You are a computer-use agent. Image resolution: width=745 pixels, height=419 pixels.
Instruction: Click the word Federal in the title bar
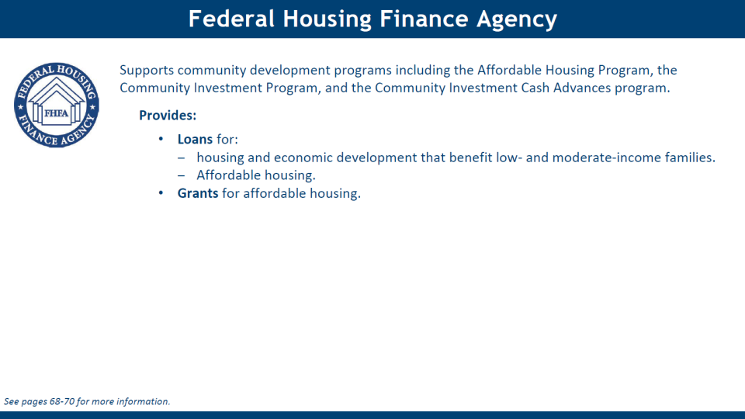click(231, 19)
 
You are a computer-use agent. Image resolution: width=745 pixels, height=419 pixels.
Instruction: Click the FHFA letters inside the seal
click(56, 113)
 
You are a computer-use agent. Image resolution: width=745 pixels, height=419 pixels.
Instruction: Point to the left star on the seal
click(20, 107)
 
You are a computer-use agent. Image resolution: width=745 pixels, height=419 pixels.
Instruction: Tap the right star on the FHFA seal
click(92, 107)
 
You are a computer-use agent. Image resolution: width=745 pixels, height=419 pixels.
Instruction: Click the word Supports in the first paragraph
click(147, 71)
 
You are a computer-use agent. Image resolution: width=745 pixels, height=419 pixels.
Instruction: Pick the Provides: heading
click(168, 116)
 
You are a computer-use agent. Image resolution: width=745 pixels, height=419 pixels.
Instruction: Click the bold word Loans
click(195, 139)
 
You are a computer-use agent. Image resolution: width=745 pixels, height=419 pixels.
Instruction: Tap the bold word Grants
click(198, 193)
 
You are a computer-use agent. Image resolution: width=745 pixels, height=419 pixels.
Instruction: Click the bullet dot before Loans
click(161, 139)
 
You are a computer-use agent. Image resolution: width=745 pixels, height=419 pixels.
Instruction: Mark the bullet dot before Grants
click(161, 193)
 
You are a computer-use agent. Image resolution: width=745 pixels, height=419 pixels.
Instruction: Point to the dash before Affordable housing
click(181, 175)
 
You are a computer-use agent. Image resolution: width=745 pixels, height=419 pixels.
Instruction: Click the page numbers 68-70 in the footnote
click(62, 401)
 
